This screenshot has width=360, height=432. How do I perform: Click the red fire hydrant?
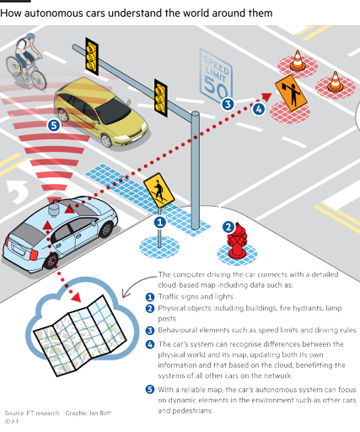pyautogui.click(x=237, y=241)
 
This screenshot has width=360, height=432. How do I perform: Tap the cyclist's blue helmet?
pyautogui.click(x=30, y=36)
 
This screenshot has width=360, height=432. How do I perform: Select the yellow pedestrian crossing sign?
pyautogui.click(x=159, y=190)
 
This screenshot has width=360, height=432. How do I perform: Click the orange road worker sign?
pyautogui.click(x=291, y=93)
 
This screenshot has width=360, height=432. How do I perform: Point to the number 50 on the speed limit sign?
pyautogui.click(x=216, y=86)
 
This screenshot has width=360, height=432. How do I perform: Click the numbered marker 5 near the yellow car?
pyautogui.click(x=54, y=126)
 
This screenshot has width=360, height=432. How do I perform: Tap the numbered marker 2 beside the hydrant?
pyautogui.click(x=228, y=227)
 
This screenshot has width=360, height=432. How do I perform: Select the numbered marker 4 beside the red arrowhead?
pyautogui.click(x=259, y=109)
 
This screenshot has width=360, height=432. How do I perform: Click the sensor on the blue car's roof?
pyautogui.click(x=54, y=209)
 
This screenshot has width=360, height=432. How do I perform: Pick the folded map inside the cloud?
pyautogui.click(x=80, y=335)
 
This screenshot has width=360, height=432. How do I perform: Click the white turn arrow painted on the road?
pyautogui.click(x=18, y=191)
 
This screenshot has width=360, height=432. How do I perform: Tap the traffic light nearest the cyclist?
pyautogui.click(x=92, y=57)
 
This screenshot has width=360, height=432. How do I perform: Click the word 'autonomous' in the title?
pyautogui.click(x=58, y=13)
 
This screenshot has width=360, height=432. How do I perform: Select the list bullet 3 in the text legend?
pyautogui.click(x=150, y=331)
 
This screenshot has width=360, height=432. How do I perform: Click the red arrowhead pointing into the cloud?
pyautogui.click(x=76, y=297)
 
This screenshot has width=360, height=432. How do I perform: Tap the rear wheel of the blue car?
pyautogui.click(x=51, y=261)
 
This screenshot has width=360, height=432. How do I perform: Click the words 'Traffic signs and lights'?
pyautogui.click(x=196, y=296)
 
